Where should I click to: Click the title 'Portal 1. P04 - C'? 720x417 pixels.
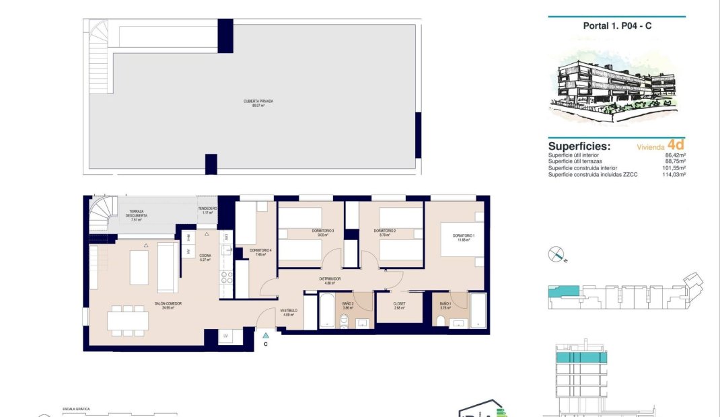[616, 26]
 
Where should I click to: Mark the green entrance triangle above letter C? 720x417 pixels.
[266, 334]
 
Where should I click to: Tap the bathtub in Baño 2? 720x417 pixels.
[327, 311]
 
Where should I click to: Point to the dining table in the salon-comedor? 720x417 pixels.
[128, 319]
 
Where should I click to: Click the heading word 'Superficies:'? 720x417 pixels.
[579, 146]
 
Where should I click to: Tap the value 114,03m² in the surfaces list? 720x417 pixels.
[674, 175]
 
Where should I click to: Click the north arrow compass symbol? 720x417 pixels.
[556, 254]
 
